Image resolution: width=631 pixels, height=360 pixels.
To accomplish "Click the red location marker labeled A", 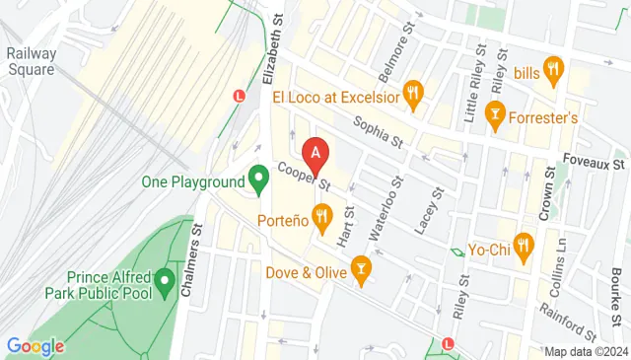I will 315,154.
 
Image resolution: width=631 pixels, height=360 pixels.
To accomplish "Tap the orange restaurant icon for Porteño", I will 321,216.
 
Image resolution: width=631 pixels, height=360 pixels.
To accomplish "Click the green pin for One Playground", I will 259,179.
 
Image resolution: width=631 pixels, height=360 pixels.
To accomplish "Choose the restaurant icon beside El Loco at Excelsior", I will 413,96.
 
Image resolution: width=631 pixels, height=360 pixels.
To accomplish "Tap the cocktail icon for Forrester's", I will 495,117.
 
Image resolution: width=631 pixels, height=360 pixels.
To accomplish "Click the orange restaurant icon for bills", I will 553,71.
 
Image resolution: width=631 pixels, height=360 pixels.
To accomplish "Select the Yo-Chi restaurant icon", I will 523,248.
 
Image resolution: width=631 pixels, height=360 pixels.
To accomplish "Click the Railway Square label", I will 31,61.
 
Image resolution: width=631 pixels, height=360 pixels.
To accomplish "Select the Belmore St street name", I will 391,61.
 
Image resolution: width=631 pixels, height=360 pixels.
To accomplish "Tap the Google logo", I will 35,346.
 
